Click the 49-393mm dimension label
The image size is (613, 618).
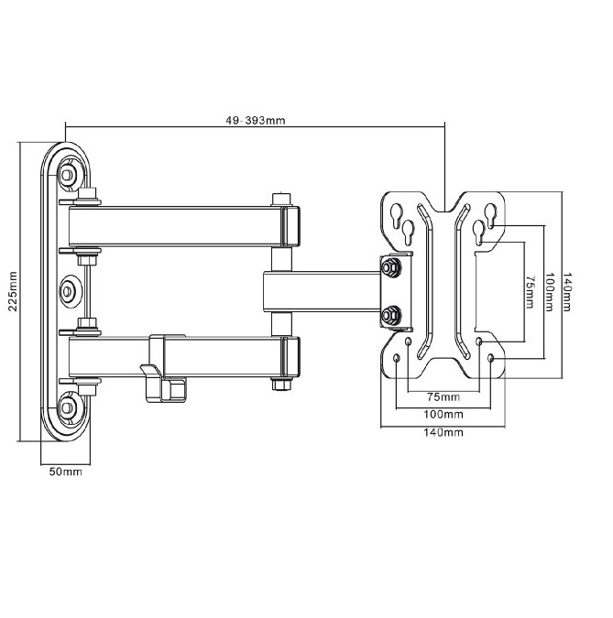coord(256,120)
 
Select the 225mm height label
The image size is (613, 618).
coord(14,291)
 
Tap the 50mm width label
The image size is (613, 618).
coord(65,472)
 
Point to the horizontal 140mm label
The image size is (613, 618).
coord(443,432)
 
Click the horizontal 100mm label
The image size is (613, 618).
coord(443,414)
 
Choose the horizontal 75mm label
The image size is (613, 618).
coord(443,396)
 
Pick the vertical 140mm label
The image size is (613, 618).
coord(567,292)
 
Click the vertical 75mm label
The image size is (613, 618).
coord(530,292)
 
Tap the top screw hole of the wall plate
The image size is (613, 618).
coord(67,173)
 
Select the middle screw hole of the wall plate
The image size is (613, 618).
coord(67,291)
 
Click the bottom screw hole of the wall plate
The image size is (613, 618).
coord(67,406)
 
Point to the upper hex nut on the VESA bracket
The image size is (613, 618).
coord(391,268)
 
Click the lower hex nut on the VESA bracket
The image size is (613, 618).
coord(391,315)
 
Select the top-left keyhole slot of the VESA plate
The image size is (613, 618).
coord(397,215)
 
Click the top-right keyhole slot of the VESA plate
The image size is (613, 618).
coord(490,215)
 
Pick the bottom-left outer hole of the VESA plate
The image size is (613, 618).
coord(397,358)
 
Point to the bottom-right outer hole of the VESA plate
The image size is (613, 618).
coord(491,358)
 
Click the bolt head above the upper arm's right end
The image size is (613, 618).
coord(281,199)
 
